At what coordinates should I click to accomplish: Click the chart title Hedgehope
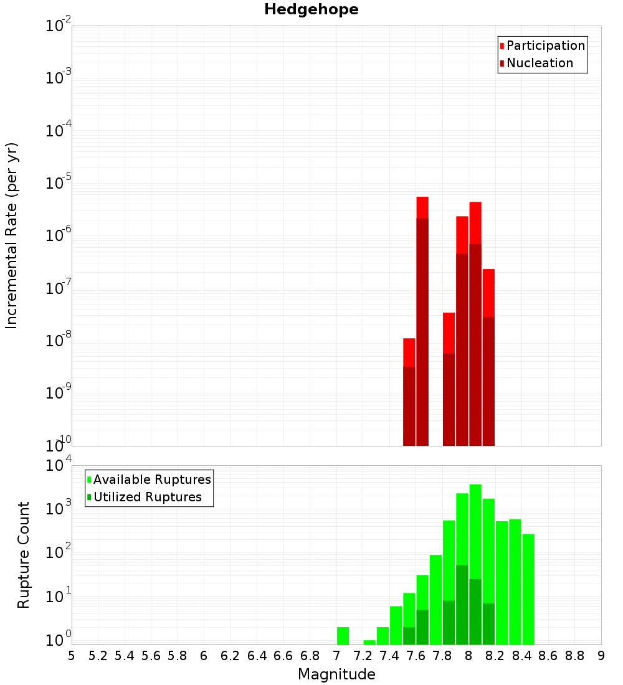coord(311,9)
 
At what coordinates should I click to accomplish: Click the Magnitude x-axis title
coord(336,674)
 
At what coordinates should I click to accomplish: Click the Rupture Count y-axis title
coord(24,555)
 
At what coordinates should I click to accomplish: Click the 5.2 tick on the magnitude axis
coord(98,656)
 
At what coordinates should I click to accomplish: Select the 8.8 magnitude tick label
coord(574,656)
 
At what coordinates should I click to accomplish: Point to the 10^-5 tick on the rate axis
coord(58,184)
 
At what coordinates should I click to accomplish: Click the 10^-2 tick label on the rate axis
coord(58,27)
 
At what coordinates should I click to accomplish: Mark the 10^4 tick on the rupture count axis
coord(58,466)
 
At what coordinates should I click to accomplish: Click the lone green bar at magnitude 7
coord(343,636)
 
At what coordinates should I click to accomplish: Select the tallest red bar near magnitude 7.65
coord(422,311)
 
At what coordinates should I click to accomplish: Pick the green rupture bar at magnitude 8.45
coord(528,588)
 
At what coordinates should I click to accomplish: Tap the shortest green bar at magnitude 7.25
coord(369,642)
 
